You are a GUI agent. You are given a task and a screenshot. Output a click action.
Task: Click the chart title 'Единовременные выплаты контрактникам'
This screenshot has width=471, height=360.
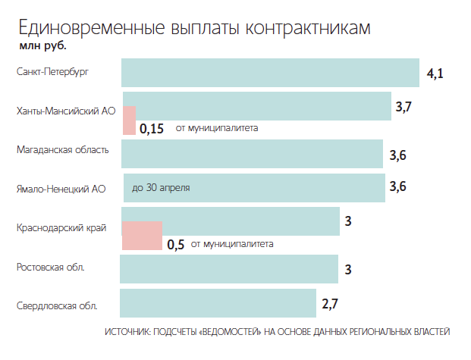pyautogui.click(x=194, y=27)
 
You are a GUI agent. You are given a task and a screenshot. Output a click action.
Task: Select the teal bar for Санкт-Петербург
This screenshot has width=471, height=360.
pyautogui.click(x=270, y=73)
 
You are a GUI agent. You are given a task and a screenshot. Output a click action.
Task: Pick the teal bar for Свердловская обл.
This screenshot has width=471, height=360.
pyautogui.click(x=218, y=303)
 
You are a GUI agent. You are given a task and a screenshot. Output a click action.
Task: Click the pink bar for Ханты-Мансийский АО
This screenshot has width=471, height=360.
pyautogui.click(x=129, y=120)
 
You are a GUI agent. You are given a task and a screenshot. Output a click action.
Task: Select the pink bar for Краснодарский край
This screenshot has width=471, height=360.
pyautogui.click(x=142, y=236)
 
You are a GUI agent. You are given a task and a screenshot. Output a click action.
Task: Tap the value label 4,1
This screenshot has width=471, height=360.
pyautogui.click(x=435, y=74)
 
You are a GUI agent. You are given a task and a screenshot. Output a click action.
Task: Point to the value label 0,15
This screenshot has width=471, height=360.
pyautogui.click(x=152, y=128)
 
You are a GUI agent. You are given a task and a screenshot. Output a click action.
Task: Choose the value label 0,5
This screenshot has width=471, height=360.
pyautogui.click(x=176, y=244)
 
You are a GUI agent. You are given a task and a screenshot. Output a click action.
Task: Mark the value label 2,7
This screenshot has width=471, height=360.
pyautogui.click(x=330, y=305)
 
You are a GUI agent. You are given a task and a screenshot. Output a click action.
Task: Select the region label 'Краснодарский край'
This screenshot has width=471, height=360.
pyautogui.click(x=61, y=227)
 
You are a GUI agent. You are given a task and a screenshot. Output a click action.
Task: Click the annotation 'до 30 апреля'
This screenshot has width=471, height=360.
pyautogui.click(x=161, y=187)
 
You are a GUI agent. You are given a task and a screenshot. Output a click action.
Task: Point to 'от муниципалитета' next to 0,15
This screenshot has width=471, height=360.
pyautogui.click(x=217, y=128)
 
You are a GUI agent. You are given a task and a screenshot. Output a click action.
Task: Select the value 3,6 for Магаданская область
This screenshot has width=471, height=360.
pyautogui.click(x=398, y=155)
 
